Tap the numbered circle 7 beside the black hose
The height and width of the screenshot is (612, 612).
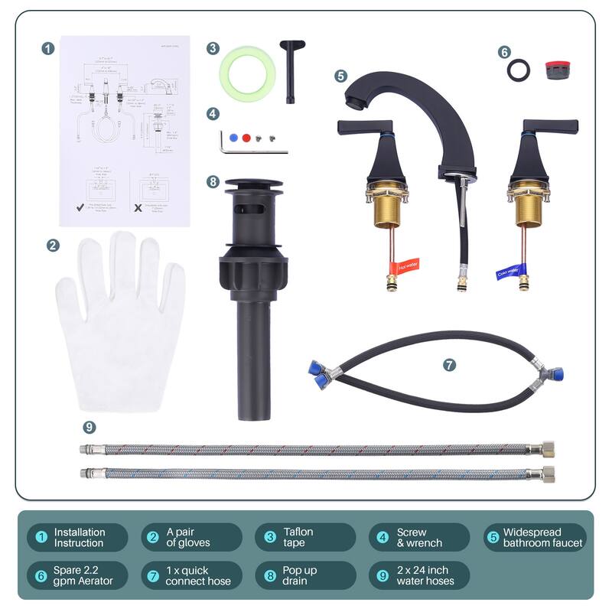(x=449, y=365)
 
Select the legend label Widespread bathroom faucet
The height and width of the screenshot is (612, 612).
(x=542, y=538)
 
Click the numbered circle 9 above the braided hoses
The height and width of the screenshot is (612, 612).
(x=90, y=427)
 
